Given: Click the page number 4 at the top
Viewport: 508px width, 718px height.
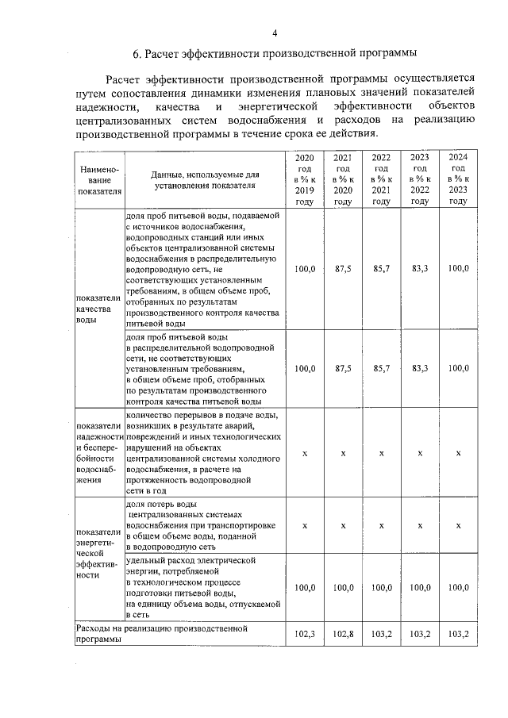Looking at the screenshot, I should (275, 33).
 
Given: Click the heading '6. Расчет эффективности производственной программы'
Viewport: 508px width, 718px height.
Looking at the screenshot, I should (275, 55).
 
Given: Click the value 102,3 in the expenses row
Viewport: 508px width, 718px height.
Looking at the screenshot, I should (305, 634).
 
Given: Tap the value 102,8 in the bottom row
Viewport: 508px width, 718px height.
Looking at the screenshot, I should (343, 634).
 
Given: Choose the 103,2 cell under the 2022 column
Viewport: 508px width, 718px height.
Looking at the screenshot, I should (382, 634).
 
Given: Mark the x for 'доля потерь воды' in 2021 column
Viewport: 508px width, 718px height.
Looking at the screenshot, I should (343, 525).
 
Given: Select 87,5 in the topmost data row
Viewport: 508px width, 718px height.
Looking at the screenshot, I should (343, 269).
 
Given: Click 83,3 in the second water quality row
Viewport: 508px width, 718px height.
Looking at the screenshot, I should (420, 368).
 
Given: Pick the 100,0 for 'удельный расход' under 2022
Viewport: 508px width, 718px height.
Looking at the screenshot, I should (382, 588).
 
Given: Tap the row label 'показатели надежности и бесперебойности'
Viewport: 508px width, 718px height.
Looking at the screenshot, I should (98, 452).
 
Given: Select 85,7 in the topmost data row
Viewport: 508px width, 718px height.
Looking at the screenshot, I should (382, 269).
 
